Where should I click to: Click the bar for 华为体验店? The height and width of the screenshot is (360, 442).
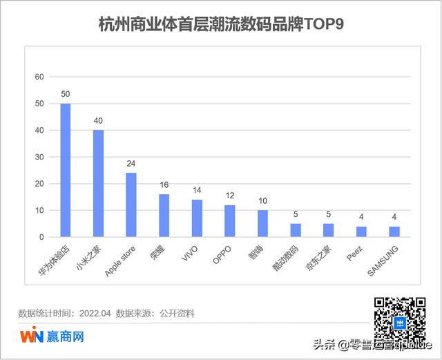click(x=66, y=170)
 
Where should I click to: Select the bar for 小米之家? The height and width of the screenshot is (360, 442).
click(x=98, y=183)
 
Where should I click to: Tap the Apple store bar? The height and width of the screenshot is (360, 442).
click(x=131, y=205)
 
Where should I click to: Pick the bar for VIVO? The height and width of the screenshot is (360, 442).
click(x=197, y=218)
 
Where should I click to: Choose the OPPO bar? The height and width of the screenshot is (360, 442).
click(x=230, y=221)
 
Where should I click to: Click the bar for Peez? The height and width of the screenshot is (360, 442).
click(x=361, y=231)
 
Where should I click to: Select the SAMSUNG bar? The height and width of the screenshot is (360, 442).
click(x=394, y=231)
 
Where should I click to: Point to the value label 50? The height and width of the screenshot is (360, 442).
click(x=66, y=94)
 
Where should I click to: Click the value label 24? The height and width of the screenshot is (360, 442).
click(x=131, y=164)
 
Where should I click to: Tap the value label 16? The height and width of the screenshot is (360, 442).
click(x=164, y=185)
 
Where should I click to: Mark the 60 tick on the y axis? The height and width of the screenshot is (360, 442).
click(x=39, y=77)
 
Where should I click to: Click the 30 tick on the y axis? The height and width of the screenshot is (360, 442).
click(x=39, y=157)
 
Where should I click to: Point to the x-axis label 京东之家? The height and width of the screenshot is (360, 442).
click(x=320, y=256)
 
